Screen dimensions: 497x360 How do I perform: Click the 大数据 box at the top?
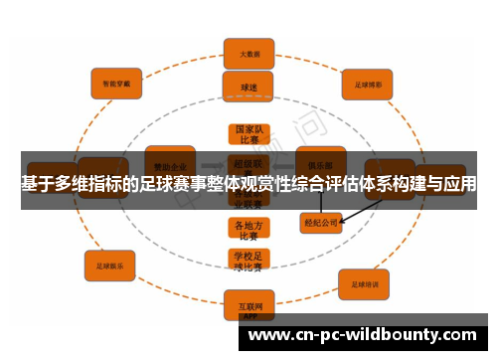248,53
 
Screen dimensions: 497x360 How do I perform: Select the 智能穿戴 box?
117,84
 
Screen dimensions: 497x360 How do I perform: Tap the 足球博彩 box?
368,85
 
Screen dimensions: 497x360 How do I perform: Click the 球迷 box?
248,87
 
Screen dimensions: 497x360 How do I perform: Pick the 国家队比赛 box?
248,135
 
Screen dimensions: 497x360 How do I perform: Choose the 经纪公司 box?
320,223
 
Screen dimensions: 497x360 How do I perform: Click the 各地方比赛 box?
248,230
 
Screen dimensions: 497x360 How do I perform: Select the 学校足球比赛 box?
248,261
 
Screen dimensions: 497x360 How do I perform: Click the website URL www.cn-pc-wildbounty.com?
362,335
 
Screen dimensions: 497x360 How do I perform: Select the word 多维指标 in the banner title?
94,185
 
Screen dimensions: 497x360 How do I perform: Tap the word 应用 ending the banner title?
459,185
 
